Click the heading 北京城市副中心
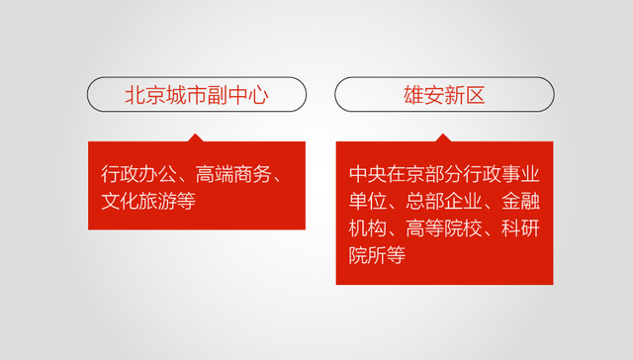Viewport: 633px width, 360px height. pos(197,95)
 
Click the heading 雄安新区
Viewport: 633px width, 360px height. pos(443,95)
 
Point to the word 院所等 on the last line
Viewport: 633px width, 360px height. pos(378,255)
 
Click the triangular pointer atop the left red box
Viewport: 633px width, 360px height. pos(196,137)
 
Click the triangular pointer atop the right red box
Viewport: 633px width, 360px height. pos(443,137)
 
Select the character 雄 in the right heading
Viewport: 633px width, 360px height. pos(413,95)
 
